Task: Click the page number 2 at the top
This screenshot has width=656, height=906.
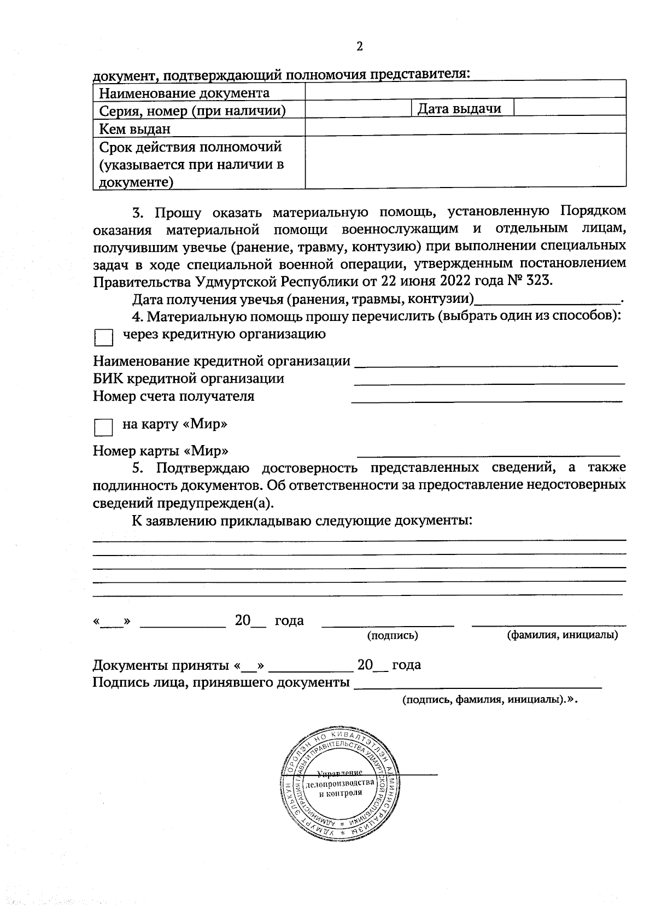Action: (x=359, y=46)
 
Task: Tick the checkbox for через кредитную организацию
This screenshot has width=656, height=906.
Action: (x=103, y=337)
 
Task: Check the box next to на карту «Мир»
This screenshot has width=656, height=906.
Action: (x=103, y=428)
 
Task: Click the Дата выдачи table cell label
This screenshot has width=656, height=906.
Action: (x=459, y=109)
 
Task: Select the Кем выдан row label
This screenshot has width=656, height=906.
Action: (x=134, y=129)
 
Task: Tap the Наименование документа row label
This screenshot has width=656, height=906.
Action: (x=184, y=93)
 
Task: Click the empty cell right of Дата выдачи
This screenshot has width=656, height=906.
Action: (x=570, y=108)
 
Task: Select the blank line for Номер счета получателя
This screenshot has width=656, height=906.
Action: (x=487, y=400)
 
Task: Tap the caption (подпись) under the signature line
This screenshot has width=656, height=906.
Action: (x=393, y=635)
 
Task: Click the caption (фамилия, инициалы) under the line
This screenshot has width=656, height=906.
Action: (x=563, y=635)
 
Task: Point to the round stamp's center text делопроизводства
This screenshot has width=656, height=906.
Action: (x=340, y=784)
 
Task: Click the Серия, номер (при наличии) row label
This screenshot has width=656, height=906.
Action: (x=192, y=111)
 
